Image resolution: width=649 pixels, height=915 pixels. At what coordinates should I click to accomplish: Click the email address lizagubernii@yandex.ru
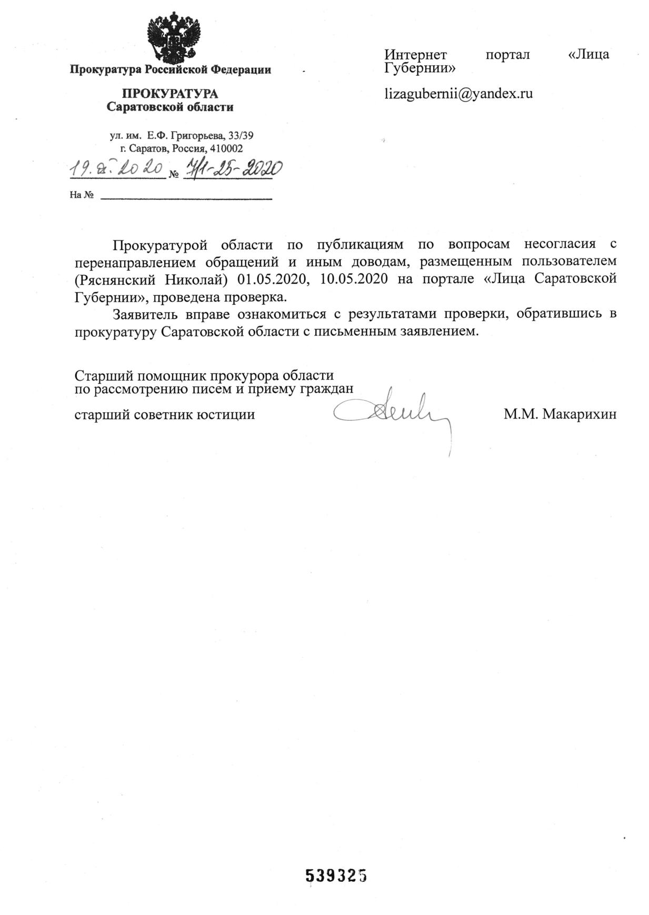pos(458,94)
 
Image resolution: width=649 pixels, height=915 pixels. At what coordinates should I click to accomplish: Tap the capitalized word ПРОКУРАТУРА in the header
pos(170,94)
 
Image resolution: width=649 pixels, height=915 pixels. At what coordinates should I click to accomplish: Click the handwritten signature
pos(392,413)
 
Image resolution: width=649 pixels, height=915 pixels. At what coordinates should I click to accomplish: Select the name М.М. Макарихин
pos(560,414)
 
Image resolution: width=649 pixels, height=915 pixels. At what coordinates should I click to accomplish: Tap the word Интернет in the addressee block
pos(415,55)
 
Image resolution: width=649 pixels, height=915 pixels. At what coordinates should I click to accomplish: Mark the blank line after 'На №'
pos(186,198)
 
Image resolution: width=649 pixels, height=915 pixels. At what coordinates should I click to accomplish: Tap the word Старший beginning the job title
pos(104,376)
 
